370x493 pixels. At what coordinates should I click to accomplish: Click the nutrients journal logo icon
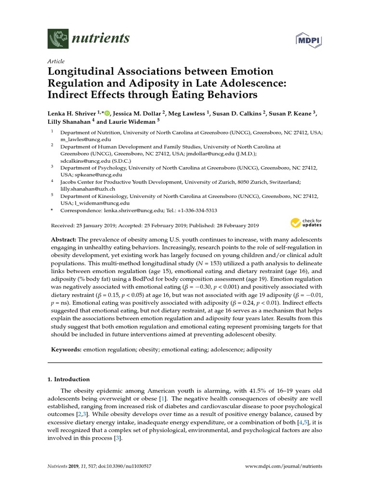58,38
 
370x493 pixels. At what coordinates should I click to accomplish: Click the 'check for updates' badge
306,223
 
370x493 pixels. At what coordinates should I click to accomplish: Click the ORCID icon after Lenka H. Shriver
107,113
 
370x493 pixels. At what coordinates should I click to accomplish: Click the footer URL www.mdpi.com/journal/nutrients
283,467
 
